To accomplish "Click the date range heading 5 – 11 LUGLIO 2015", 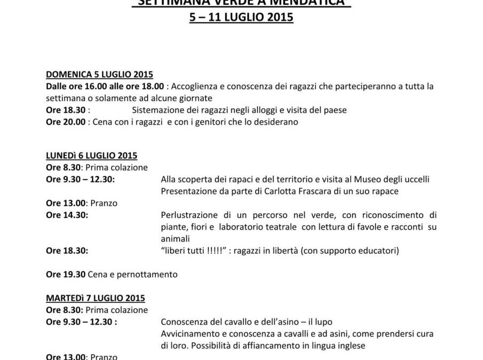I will pyautogui.click(x=241, y=17).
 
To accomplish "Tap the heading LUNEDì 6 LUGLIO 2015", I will pyautogui.click(x=91, y=156).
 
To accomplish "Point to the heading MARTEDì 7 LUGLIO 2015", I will pyautogui.click(x=95, y=298).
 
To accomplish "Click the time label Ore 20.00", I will pyautogui.click(x=65, y=122).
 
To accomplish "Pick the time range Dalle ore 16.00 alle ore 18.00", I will pyautogui.click(x=104, y=86).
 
